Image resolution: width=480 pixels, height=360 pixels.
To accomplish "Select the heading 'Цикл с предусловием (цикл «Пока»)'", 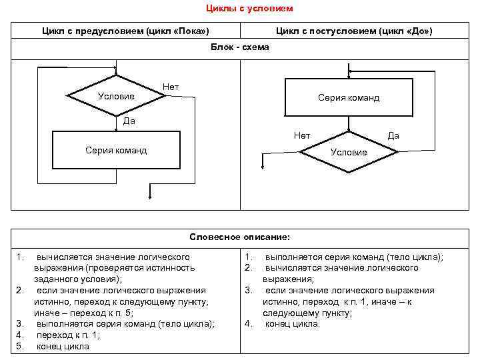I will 125,31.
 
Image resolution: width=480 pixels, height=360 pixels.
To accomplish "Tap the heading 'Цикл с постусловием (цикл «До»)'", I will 354,31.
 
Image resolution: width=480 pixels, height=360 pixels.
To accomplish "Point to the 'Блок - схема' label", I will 240,47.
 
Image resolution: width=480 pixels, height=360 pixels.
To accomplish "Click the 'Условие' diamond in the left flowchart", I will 117,97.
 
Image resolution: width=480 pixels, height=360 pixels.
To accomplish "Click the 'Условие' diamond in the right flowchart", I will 349,152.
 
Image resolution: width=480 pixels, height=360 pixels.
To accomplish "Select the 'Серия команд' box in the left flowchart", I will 116,150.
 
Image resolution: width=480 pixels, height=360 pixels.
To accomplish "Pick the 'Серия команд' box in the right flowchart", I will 349,97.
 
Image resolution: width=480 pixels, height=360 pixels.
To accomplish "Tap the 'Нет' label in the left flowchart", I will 171,87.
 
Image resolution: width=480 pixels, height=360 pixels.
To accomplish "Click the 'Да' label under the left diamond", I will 129,121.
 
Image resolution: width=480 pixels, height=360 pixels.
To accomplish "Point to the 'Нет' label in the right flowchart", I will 302,135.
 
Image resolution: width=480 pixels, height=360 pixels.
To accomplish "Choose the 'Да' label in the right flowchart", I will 393,135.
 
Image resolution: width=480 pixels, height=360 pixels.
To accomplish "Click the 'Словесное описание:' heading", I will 240,237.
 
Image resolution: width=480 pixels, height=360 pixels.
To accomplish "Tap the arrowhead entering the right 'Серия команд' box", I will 349,75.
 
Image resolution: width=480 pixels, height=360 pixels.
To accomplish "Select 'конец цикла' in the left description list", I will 63,347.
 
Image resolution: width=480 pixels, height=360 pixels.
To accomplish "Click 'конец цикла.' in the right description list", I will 293,324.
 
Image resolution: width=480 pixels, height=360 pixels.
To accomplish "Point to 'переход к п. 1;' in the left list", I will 68,335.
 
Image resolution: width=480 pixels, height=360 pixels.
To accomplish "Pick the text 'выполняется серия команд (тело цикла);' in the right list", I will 354,257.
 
